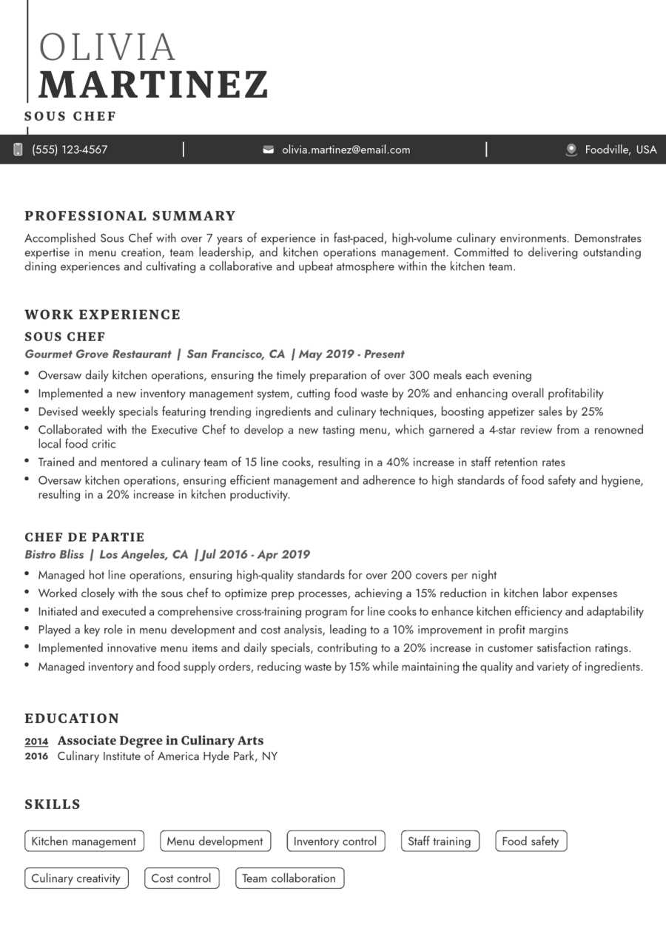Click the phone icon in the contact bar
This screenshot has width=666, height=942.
coord(18,149)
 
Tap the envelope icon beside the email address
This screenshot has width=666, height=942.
coord(268,149)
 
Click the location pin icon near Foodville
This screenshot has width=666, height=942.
coord(571,149)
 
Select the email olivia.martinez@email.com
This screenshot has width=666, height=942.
coord(346,149)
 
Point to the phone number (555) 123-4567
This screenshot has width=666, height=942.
coord(70,149)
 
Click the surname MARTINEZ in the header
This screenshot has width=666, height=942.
coord(153,84)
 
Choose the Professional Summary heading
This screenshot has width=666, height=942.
coord(130,216)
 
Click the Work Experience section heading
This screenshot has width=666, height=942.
coord(103,314)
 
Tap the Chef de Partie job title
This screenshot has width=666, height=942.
coord(84,537)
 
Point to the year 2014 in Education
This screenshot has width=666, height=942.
coord(36,741)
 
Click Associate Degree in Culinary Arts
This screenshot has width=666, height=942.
coord(161,741)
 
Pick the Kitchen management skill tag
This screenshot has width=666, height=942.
coord(84,841)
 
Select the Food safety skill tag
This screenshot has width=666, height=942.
coord(531,841)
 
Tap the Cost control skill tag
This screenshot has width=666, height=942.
coord(181,878)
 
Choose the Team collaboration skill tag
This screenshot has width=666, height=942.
coord(289,878)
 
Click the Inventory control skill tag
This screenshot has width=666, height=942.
coord(335,841)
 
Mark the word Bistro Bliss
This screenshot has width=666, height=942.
coord(54,554)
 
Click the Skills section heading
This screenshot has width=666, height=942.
coord(53,804)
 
